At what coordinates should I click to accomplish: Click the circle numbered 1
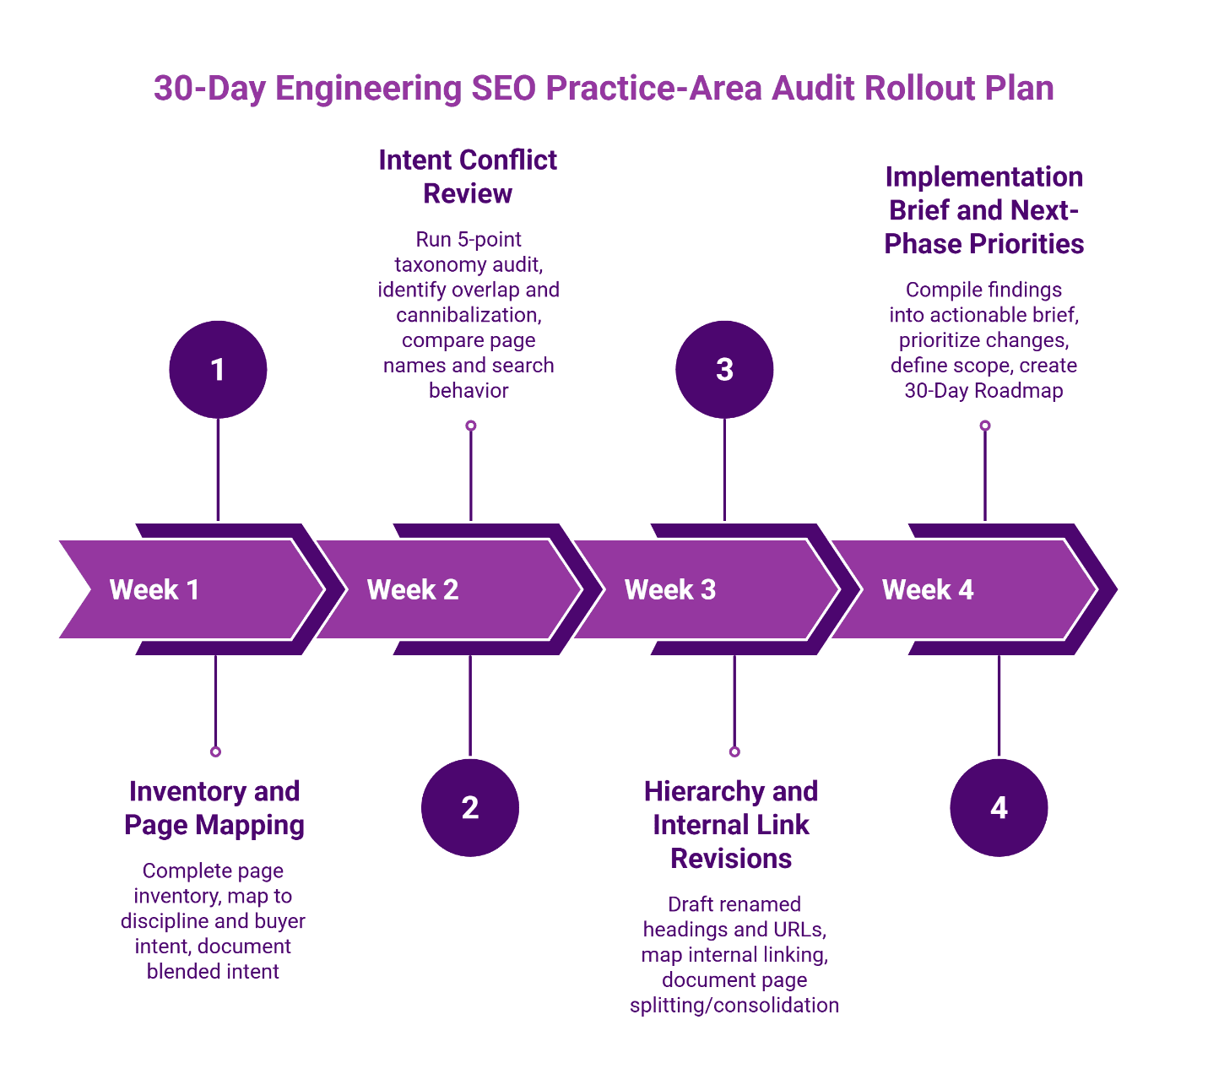tap(218, 370)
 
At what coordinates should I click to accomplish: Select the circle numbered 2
tap(470, 808)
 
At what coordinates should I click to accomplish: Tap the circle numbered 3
tap(724, 370)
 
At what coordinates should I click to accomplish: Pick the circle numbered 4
tap(999, 808)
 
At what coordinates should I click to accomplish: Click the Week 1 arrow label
tap(154, 589)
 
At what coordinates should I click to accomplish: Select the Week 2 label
tap(413, 589)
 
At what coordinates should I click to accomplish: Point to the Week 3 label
tap(670, 589)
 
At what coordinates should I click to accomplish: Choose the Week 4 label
tap(928, 589)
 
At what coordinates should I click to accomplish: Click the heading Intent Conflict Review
tap(468, 176)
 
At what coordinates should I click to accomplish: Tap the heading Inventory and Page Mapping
tap(214, 808)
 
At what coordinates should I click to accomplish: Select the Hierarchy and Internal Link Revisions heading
tap(731, 825)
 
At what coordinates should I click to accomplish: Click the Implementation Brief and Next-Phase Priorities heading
tap(984, 210)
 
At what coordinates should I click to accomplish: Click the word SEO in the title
tap(503, 89)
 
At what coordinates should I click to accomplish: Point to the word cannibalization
tap(469, 315)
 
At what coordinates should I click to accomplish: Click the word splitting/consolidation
tap(734, 1006)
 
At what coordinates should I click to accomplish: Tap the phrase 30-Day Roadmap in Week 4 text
tap(983, 391)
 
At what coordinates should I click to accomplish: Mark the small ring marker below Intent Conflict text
tap(471, 426)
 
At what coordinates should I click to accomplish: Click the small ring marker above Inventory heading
tap(215, 751)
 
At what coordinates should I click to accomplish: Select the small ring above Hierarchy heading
tap(734, 751)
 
